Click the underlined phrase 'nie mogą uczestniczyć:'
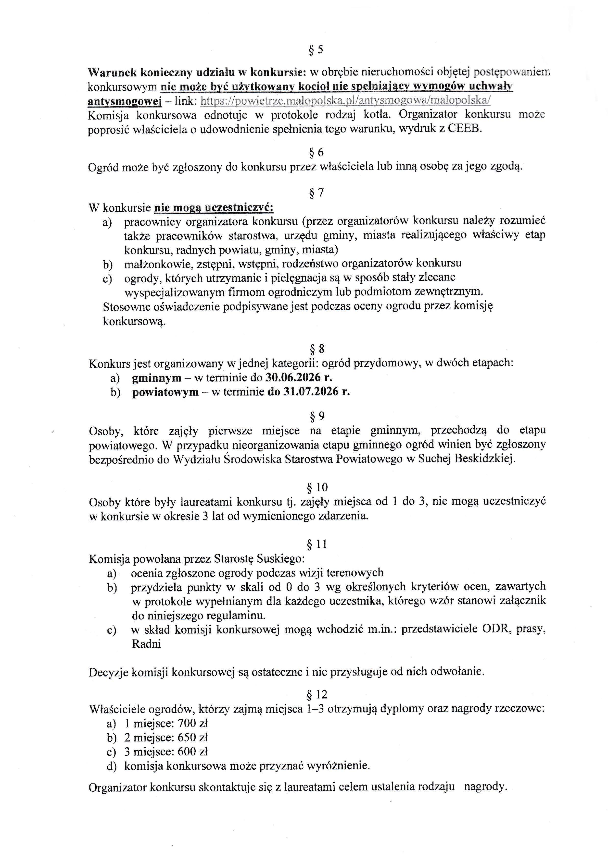pos(214,207)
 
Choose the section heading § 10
pos(317,487)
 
